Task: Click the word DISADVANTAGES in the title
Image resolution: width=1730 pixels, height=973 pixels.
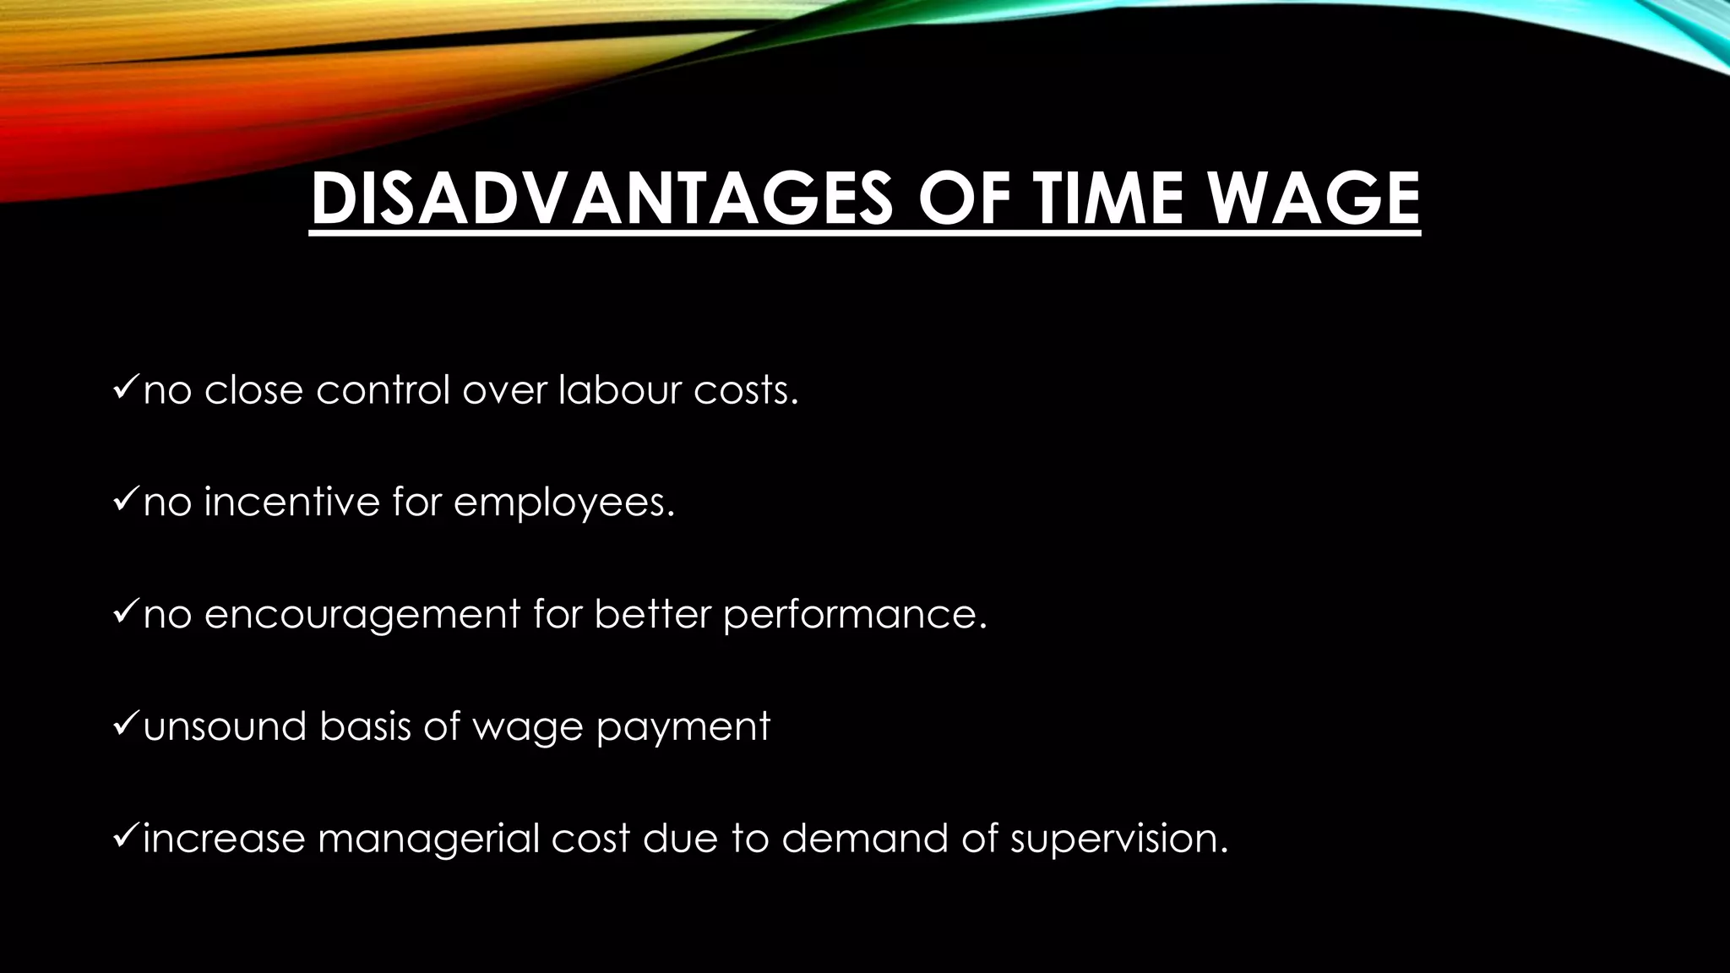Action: pyautogui.click(x=601, y=199)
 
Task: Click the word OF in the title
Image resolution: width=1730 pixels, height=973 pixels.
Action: pyautogui.click(x=962, y=199)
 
